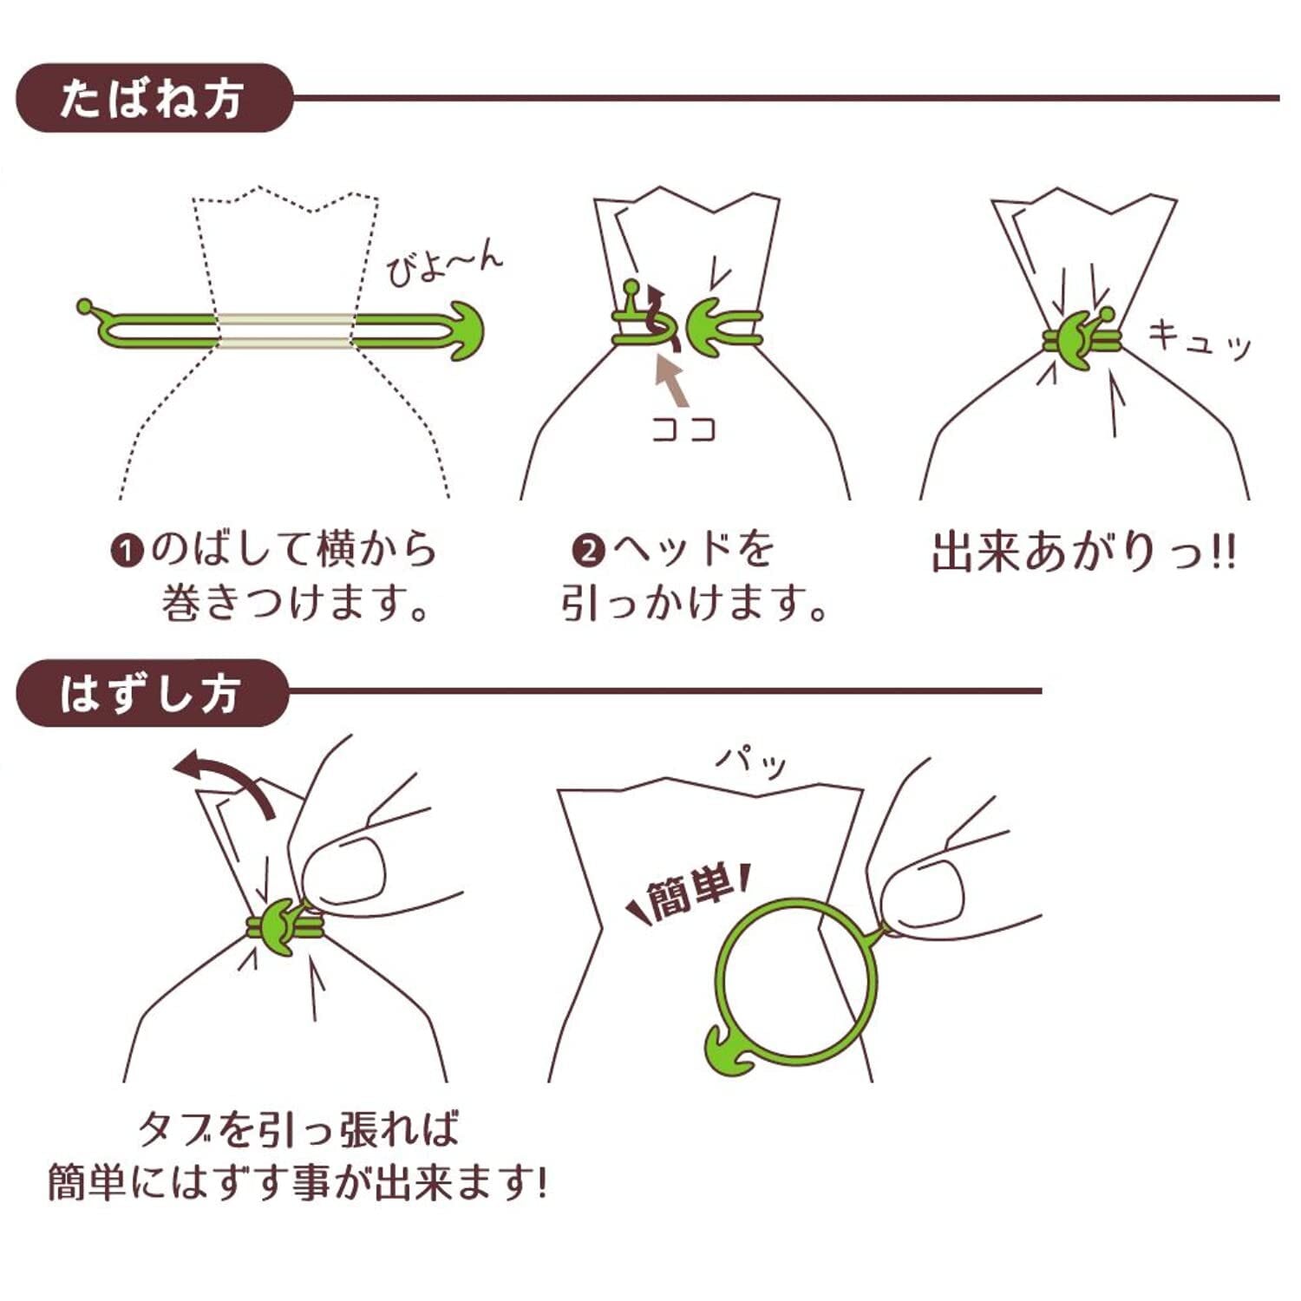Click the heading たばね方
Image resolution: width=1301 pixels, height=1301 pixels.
click(x=152, y=98)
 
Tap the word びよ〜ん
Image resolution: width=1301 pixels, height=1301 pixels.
click(x=443, y=265)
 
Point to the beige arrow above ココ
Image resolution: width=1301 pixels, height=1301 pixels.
click(x=671, y=382)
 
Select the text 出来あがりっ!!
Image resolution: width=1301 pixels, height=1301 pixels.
click(x=1083, y=552)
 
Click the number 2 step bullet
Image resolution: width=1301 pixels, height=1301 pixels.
click(x=589, y=551)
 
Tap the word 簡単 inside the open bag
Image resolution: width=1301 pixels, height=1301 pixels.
click(x=690, y=893)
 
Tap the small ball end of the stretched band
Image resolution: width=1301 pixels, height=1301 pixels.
click(x=85, y=306)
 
